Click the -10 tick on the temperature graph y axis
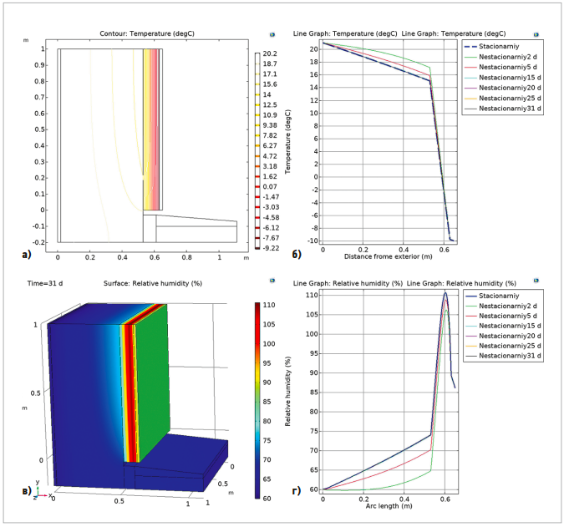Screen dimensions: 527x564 (312, 239)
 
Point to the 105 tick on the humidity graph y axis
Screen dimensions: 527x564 (312, 314)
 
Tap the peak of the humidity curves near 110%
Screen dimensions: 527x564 (445, 293)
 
